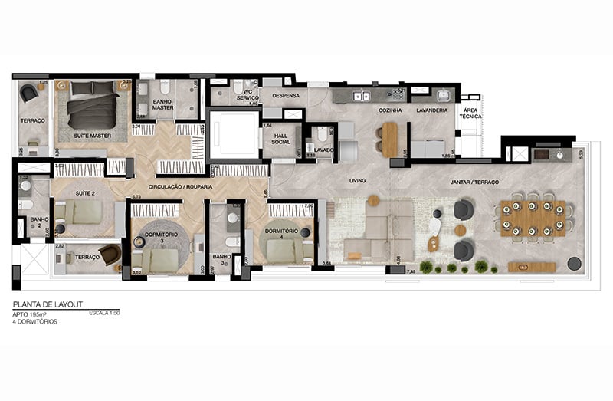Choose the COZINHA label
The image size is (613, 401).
[389, 110]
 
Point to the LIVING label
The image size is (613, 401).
[357, 182]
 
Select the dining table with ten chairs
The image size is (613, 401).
[534, 218]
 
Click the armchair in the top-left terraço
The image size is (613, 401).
[28, 93]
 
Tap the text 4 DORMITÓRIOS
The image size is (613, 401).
[35, 322]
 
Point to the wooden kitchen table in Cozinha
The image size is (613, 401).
[390, 140]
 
